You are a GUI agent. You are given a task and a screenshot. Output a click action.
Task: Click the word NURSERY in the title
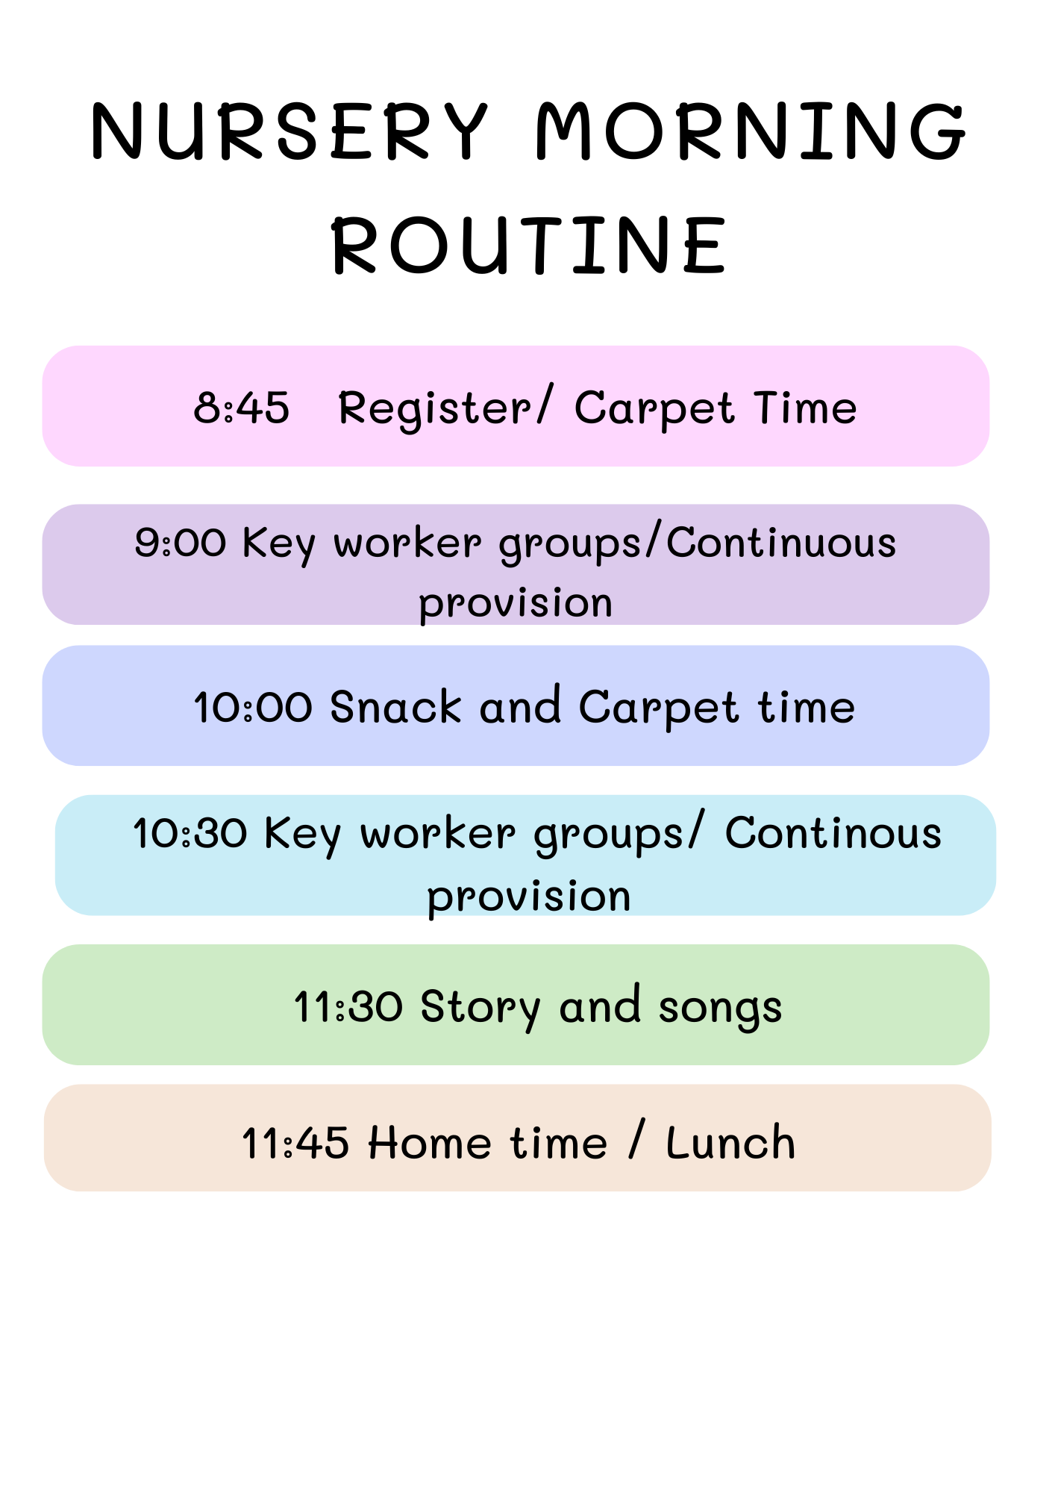coord(289,131)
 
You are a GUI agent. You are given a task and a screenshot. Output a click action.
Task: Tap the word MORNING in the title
coord(751,131)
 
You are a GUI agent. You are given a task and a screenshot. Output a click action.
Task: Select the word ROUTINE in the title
coord(529,245)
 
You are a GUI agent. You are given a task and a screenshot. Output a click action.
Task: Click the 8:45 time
coord(241,408)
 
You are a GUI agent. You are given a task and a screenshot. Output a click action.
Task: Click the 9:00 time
coord(180,543)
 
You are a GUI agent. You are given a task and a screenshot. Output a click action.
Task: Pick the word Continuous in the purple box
coord(781,543)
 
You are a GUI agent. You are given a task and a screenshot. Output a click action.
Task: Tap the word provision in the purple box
coord(516,603)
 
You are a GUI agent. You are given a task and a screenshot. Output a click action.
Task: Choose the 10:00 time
coord(253,707)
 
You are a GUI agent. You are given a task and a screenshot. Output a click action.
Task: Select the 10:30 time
coord(190,833)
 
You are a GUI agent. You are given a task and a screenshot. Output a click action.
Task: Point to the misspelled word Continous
coord(833,833)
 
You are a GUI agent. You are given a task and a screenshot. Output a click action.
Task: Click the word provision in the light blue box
coord(529,897)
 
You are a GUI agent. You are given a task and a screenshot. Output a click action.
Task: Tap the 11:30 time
coord(348,1006)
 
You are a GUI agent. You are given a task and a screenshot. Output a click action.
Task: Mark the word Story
coord(480,1008)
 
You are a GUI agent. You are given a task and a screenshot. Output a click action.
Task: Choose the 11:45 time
coord(295,1144)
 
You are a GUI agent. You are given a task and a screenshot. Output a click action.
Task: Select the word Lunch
coord(730,1143)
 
